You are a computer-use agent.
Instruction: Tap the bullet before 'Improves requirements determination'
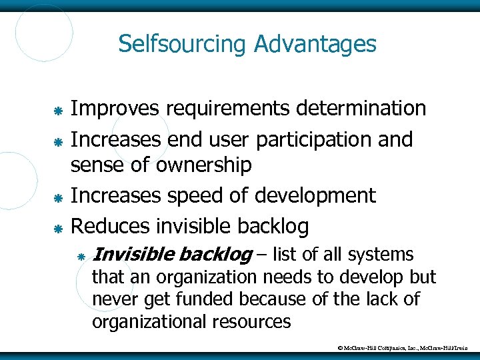coord(58,109)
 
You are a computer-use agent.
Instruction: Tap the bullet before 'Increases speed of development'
coord(58,197)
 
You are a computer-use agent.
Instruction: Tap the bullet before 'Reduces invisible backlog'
coord(58,228)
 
